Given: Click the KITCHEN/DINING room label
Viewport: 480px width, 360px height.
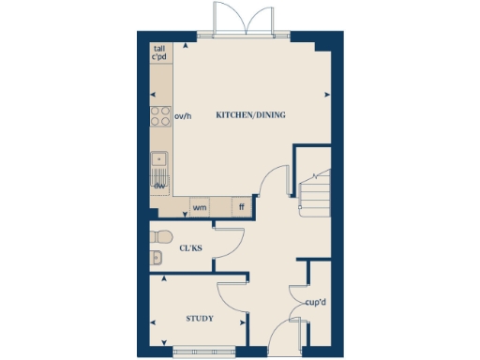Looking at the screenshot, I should (x=250, y=115).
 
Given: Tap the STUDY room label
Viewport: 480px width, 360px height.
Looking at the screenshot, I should (x=199, y=319).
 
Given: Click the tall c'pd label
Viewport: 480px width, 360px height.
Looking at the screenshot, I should (x=160, y=52).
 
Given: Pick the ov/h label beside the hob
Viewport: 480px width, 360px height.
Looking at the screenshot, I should (x=183, y=116).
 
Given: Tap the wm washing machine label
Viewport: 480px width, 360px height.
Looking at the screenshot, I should (x=199, y=206).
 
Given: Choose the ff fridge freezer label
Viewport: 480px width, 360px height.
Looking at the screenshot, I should (x=241, y=206).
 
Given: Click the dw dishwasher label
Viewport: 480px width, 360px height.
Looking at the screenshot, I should (x=159, y=185).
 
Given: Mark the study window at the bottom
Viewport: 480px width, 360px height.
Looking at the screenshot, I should (x=199, y=352).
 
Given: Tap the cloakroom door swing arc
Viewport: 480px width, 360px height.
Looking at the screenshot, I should (x=228, y=238).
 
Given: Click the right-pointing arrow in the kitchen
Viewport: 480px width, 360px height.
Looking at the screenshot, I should (x=328, y=94).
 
